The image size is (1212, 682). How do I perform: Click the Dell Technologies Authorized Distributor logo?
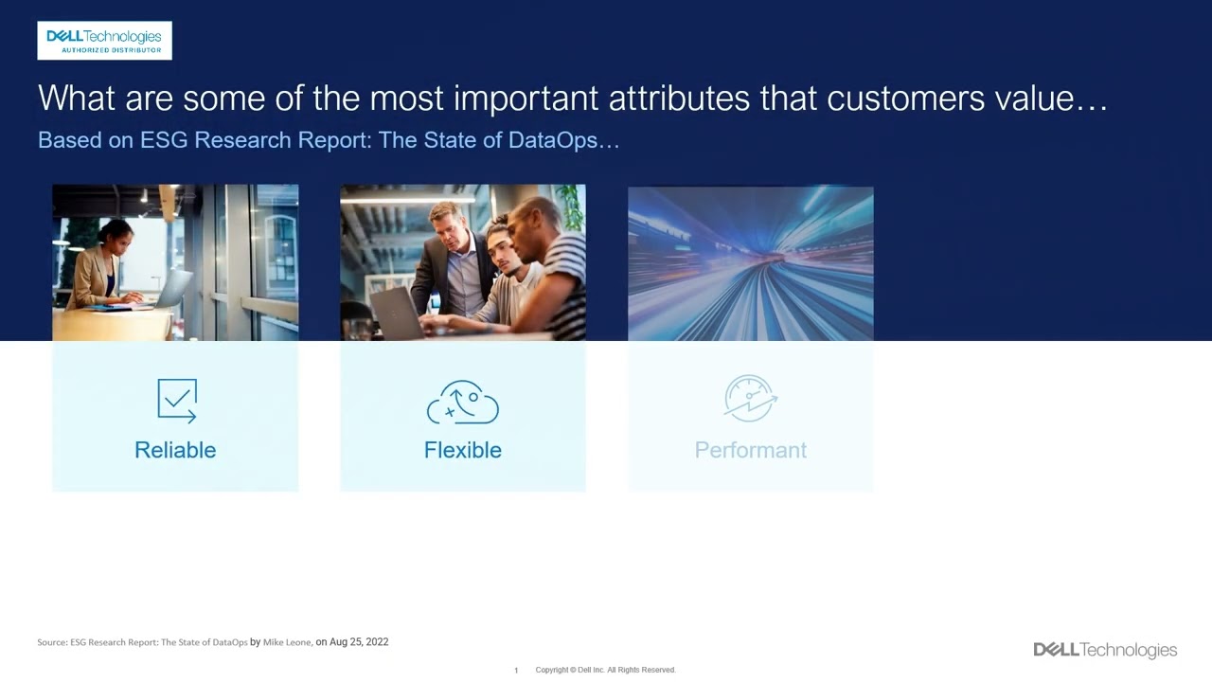pos(104,41)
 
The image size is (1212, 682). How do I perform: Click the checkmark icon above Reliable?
pos(177,401)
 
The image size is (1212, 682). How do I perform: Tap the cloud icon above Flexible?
pos(463,402)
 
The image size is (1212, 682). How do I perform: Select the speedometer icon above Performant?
pos(750,399)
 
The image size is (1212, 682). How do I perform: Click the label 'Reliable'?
pos(175,450)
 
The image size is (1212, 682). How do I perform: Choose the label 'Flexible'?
pos(463,450)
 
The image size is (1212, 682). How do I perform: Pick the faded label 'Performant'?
pos(750,450)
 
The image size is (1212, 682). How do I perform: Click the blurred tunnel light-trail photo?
pos(750,262)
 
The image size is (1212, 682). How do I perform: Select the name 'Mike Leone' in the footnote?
pos(287,642)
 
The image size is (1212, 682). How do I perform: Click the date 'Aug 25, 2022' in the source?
pos(359,642)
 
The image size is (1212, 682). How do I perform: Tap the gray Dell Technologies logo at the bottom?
pos(1105,650)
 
